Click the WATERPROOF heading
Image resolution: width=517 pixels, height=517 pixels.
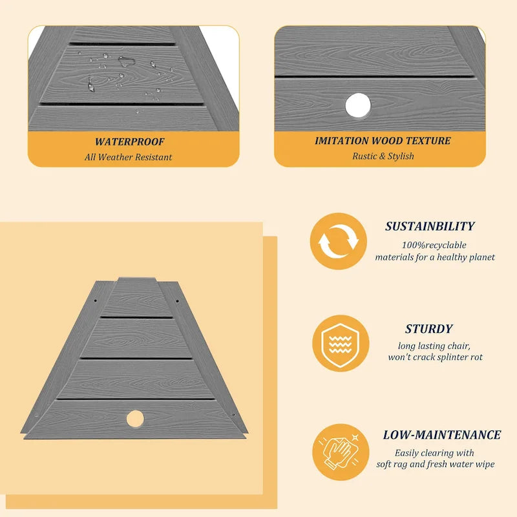130,142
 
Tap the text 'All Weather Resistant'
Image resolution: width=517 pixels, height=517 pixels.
128,157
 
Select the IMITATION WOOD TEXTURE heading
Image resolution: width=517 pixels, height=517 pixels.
383,140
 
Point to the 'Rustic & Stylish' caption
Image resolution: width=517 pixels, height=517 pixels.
383,156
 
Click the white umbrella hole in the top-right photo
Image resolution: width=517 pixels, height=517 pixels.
358,105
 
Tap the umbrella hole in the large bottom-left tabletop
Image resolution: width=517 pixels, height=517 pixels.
135,419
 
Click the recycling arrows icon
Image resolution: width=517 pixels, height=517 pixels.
338,241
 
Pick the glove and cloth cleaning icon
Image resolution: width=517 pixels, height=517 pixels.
341,452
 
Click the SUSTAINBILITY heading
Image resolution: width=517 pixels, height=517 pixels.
430,226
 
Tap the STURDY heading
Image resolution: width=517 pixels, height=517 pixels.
429,329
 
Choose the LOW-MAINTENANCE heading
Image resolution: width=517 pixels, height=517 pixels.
442,434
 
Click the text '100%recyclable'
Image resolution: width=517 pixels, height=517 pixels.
434,245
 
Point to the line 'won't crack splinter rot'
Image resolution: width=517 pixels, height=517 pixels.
435,357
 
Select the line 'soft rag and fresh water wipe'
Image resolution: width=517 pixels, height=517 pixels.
436,464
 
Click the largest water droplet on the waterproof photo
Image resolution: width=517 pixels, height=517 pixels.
126,61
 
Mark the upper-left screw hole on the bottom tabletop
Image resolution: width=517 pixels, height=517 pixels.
96,301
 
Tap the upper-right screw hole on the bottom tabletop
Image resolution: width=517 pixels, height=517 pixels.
177,301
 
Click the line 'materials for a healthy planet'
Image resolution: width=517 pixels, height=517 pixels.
435,257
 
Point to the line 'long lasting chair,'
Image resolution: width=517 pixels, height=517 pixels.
434,346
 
